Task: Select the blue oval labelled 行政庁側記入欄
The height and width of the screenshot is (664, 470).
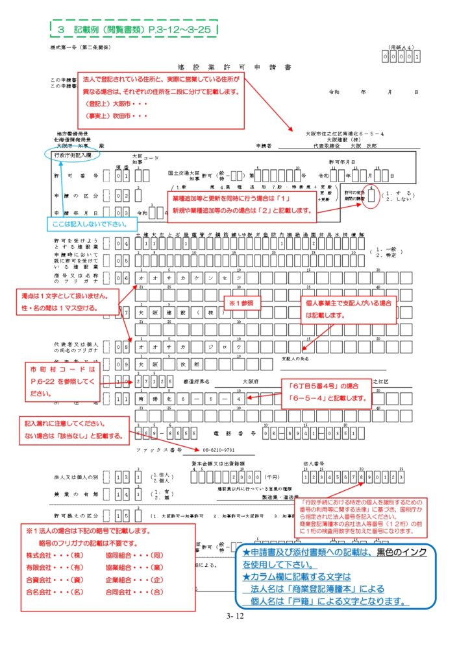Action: pos(74,156)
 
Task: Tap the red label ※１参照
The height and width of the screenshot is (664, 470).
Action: pos(241,302)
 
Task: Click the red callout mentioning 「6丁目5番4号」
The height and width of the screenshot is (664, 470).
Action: pos(323,392)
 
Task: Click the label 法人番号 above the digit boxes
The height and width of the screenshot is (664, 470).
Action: pos(313,464)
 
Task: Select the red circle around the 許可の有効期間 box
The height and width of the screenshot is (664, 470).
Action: pos(371,198)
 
